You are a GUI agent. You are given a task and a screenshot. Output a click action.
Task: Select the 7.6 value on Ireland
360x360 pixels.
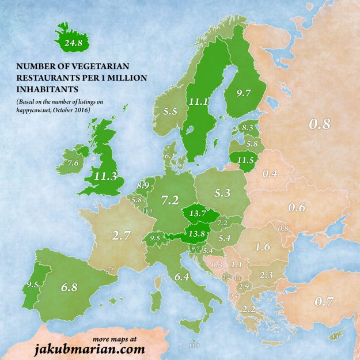73,164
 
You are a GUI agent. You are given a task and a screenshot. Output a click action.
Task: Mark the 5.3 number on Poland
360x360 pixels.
221,190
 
